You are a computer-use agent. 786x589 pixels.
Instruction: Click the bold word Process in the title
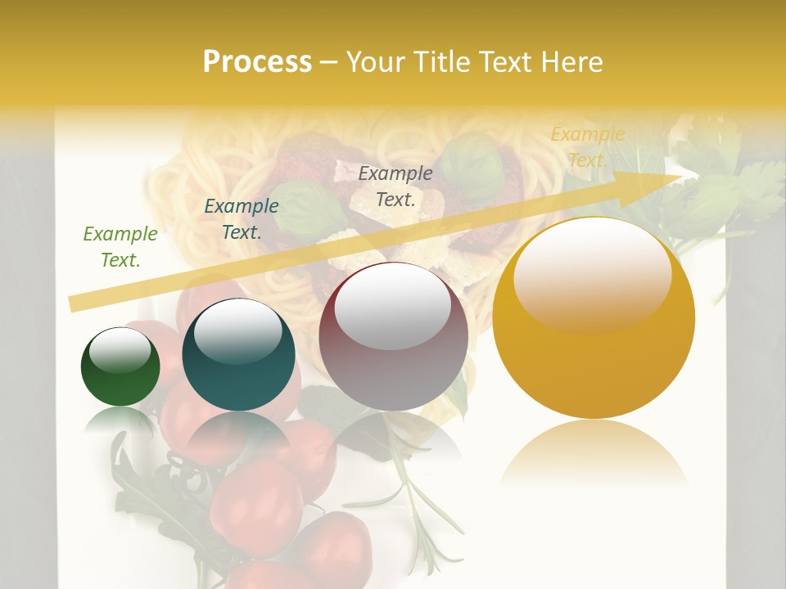(257, 62)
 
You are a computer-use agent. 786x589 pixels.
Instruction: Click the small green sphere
(120, 367)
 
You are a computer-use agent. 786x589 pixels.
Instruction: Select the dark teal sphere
(237, 356)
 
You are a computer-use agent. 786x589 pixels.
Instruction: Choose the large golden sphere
(594, 327)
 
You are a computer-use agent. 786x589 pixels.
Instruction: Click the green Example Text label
(120, 247)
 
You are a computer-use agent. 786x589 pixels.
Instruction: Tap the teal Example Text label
(241, 219)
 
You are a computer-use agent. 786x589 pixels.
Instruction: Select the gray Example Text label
(395, 186)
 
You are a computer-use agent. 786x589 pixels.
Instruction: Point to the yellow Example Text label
(587, 147)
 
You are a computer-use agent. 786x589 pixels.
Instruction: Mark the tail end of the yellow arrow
(74, 303)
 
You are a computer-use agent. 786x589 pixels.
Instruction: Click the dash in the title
(329, 62)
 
